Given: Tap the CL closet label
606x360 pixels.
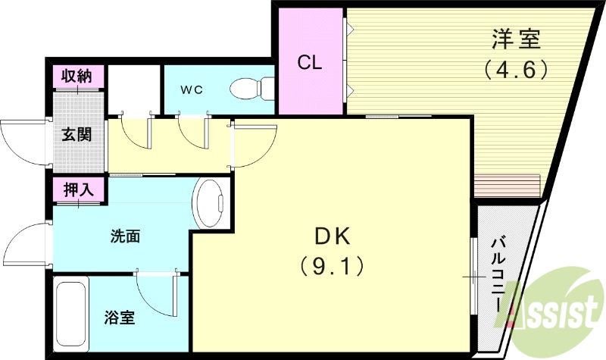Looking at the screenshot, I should pos(310,62).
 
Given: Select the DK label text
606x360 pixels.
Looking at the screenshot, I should pos(331,237).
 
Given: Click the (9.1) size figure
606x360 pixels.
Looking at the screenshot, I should pos(331,266).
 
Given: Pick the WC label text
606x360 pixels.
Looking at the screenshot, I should pos(191,89).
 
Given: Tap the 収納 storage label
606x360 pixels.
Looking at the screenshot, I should pos(77,76).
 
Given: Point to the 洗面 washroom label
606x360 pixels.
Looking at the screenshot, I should pos(125,236).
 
